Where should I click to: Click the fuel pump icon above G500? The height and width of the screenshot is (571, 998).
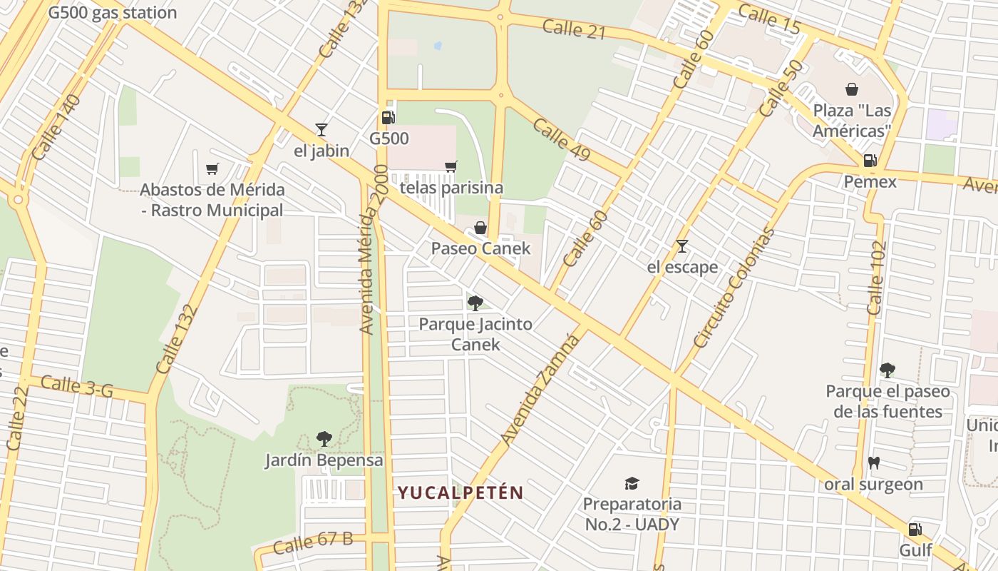point(388,118)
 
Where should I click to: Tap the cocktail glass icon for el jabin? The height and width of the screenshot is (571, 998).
point(321,130)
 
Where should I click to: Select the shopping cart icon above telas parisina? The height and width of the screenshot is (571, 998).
point(451,167)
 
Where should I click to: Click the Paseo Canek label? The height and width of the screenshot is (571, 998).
point(480,248)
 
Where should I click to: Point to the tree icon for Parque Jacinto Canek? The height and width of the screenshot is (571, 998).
point(475,303)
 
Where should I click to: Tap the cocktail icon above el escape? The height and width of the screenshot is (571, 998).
point(682,246)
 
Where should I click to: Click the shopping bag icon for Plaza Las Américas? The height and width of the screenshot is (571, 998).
point(851,89)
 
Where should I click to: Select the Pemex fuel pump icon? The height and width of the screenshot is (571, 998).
point(870,161)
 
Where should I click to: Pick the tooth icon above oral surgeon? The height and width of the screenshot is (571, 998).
point(873,463)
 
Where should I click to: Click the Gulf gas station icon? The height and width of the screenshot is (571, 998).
point(915,530)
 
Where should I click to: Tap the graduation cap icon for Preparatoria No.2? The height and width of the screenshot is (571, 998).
point(632,483)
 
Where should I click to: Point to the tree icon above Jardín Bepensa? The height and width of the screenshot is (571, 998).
point(324,438)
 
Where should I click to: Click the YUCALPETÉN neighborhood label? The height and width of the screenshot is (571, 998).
point(461,492)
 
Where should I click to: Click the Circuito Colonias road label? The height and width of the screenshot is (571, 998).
point(734,288)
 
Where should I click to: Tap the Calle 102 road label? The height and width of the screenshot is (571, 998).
point(876,278)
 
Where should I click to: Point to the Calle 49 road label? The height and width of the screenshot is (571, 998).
point(562,140)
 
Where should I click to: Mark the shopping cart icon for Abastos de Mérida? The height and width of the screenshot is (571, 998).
point(212,168)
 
